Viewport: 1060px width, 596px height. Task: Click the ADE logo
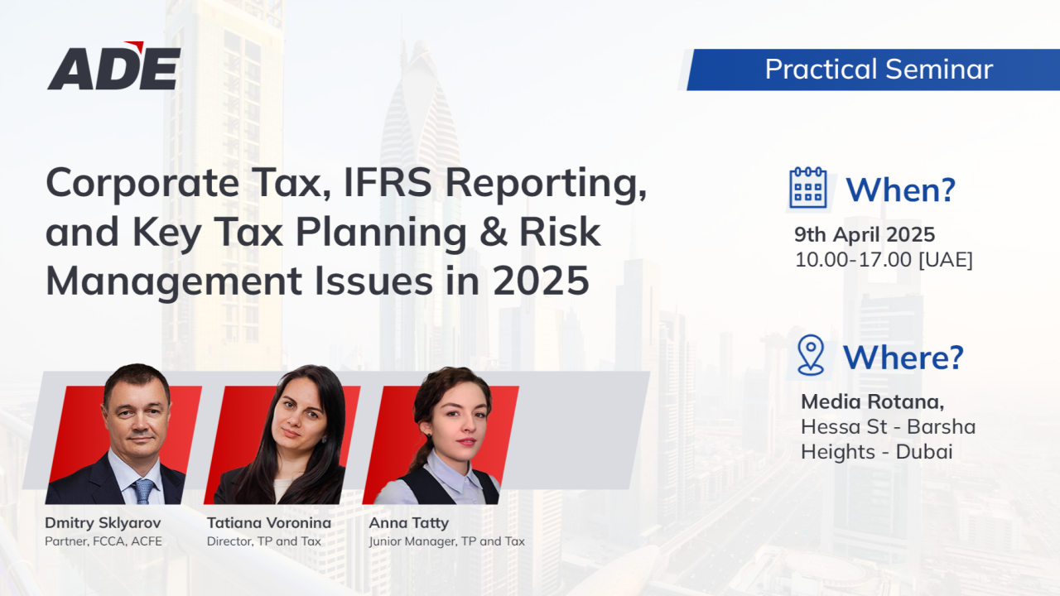[x=114, y=65]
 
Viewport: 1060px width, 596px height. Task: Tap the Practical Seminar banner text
[x=879, y=69]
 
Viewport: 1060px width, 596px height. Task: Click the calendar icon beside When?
[x=808, y=187]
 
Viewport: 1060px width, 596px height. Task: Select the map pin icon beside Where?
[x=811, y=355]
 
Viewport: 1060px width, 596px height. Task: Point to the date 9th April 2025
[x=865, y=234]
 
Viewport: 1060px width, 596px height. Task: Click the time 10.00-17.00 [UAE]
[x=884, y=260]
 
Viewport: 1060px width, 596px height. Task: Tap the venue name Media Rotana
[x=872, y=401]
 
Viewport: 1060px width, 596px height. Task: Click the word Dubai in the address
[x=924, y=452]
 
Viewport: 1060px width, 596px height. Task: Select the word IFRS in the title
[x=388, y=183]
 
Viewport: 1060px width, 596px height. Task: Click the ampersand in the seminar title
[x=494, y=232]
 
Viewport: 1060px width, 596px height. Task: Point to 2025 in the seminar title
[x=541, y=281]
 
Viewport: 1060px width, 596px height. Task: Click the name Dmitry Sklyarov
[x=103, y=522]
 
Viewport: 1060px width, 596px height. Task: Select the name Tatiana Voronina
[x=269, y=522]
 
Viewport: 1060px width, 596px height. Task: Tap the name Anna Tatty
[x=409, y=522]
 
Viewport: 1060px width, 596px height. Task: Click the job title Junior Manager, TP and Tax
[x=446, y=541]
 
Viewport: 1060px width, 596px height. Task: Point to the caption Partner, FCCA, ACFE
[x=104, y=541]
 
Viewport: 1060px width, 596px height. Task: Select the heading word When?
[x=900, y=190]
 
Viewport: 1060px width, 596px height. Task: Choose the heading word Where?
[x=903, y=357]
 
